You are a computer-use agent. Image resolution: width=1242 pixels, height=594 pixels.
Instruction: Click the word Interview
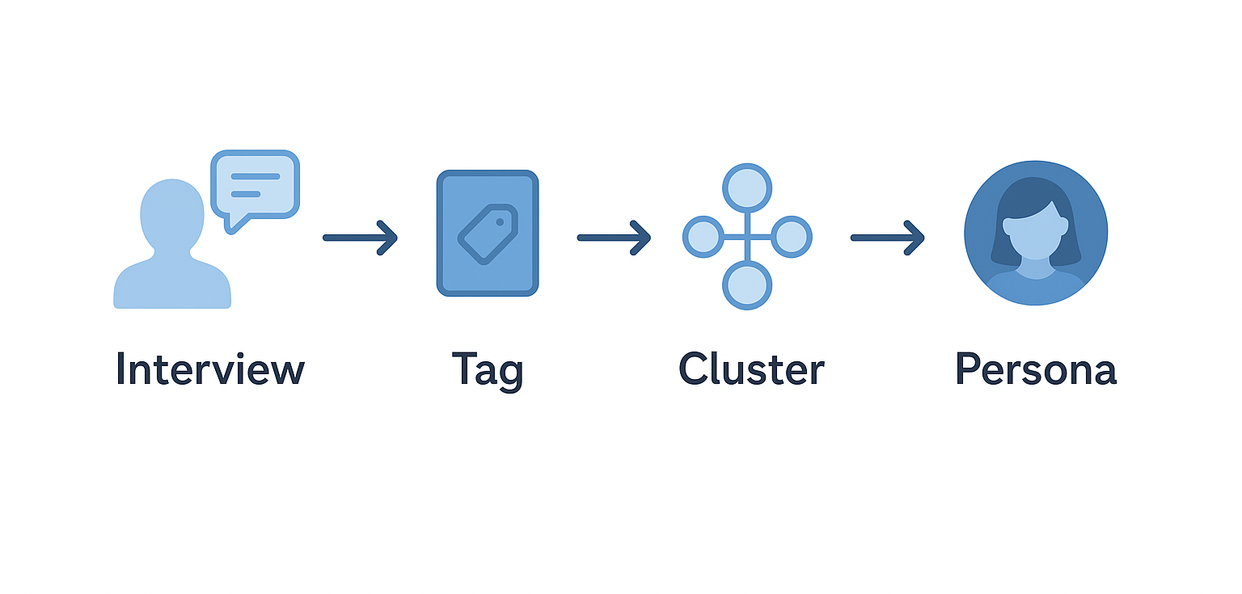coord(210,369)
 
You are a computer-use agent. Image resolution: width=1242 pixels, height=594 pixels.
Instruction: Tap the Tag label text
coord(488,370)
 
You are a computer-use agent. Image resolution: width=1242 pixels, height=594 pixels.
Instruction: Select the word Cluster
coord(751,369)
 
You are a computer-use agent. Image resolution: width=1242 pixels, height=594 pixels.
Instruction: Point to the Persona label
coord(1036,369)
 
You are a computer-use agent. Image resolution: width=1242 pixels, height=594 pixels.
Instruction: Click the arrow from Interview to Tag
coord(360,238)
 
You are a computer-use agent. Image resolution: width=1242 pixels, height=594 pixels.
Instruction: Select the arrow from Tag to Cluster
coord(614,238)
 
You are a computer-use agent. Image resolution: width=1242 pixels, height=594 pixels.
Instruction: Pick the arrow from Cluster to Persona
coord(887,238)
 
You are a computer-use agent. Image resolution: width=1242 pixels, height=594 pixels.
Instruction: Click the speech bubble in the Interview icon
coord(255,185)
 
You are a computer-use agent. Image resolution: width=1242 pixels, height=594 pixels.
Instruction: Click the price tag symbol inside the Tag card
coord(488,234)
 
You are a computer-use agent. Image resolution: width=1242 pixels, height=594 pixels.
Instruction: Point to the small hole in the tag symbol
coord(500,221)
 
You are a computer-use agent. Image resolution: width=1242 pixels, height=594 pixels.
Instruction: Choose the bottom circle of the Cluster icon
coord(747,285)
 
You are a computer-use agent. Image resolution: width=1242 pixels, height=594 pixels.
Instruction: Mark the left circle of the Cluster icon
coord(703,237)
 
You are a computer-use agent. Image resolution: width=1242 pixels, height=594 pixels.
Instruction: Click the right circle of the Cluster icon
coord(792,237)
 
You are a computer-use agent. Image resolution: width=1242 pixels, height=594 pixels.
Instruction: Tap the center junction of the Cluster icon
coord(747,237)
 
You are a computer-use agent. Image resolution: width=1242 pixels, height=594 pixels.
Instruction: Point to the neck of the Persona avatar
coord(1035,266)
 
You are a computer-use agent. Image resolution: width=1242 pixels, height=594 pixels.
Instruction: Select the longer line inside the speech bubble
coord(255,176)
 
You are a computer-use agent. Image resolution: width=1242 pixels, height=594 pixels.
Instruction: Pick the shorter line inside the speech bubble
coord(246,194)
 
